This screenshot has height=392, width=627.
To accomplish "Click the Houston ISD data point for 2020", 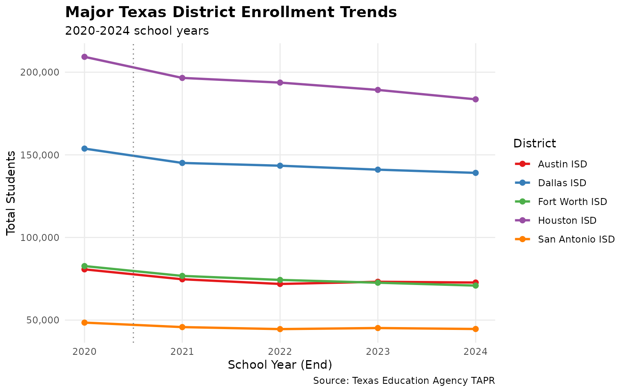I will click(x=84, y=57).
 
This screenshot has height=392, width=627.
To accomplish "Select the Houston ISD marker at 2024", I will click(x=476, y=99).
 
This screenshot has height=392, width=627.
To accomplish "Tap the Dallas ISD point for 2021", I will click(x=182, y=163).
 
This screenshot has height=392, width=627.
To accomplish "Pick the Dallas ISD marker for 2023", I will click(x=378, y=169).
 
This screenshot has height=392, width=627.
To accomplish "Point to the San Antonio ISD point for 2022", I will click(x=280, y=329).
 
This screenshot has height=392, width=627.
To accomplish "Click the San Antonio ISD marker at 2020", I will click(x=84, y=323).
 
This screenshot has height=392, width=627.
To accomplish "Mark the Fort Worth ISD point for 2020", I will click(x=84, y=266).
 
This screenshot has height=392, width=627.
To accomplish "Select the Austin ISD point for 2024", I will click(x=476, y=283).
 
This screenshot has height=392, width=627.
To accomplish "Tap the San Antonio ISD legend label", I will click(x=576, y=239).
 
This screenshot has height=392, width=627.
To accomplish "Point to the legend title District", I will click(x=534, y=144).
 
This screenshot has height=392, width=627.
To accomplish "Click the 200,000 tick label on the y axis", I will click(x=40, y=72).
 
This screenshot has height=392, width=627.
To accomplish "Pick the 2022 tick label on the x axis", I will click(x=280, y=352).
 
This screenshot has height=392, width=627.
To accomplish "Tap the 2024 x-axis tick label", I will click(x=476, y=352).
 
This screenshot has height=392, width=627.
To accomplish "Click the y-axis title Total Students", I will click(x=11, y=193).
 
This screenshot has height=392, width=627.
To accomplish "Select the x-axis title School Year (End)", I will click(x=280, y=365).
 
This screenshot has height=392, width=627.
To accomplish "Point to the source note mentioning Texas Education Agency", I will click(x=404, y=381).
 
